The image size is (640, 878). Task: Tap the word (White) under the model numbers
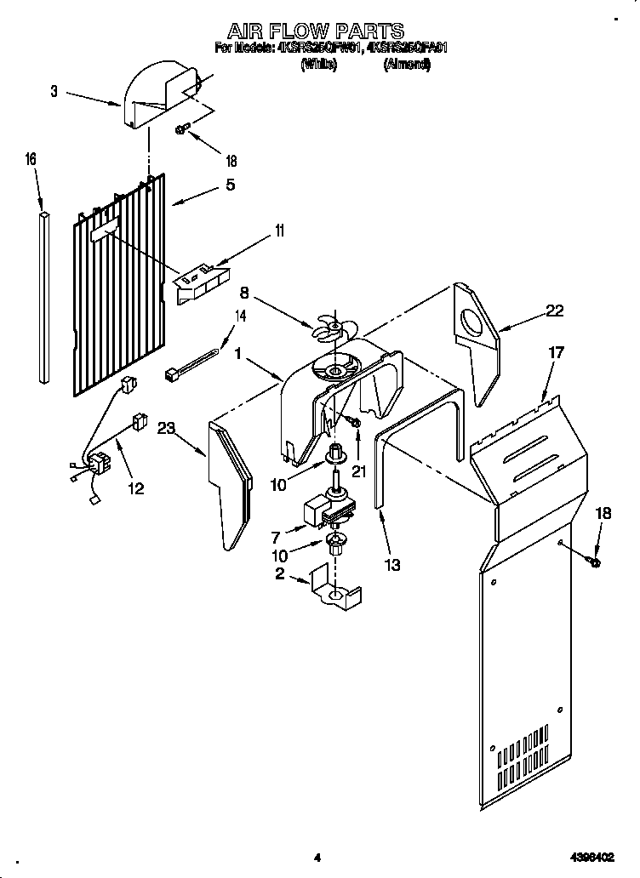pos(319,64)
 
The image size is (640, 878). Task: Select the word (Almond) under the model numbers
pos(407,64)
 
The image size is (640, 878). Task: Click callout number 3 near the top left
pos(54,92)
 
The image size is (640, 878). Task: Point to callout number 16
pos(31,159)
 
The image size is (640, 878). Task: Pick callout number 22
pos(554,311)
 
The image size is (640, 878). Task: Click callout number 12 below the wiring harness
pos(135,488)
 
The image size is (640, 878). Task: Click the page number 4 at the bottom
pos(317,858)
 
